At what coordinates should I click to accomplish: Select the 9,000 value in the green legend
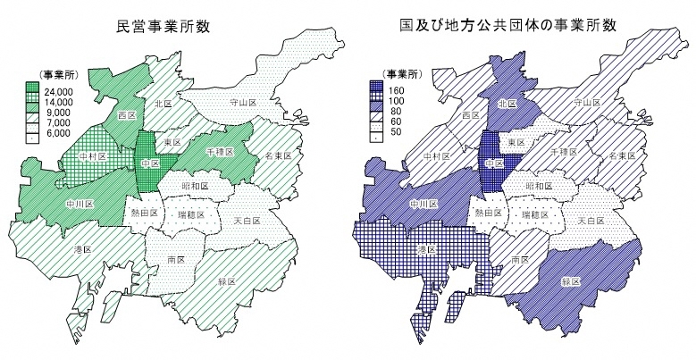tap(55, 113)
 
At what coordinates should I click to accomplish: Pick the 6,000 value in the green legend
tap(55, 134)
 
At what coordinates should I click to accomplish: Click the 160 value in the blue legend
tap(395, 91)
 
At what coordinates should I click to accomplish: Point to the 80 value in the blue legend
tap(393, 113)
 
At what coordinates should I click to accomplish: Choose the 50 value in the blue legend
tap(393, 133)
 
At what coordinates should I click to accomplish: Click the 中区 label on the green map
tap(148, 164)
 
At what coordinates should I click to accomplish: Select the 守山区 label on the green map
tap(243, 103)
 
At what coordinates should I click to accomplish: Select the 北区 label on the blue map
tap(506, 104)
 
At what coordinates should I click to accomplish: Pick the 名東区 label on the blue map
tap(620, 155)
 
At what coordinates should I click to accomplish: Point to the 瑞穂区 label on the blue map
tap(534, 214)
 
